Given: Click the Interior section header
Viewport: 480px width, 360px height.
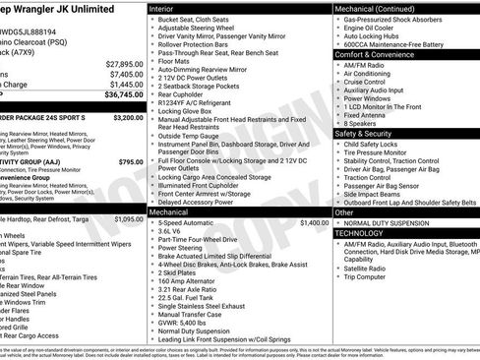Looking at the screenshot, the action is coord(164,8).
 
